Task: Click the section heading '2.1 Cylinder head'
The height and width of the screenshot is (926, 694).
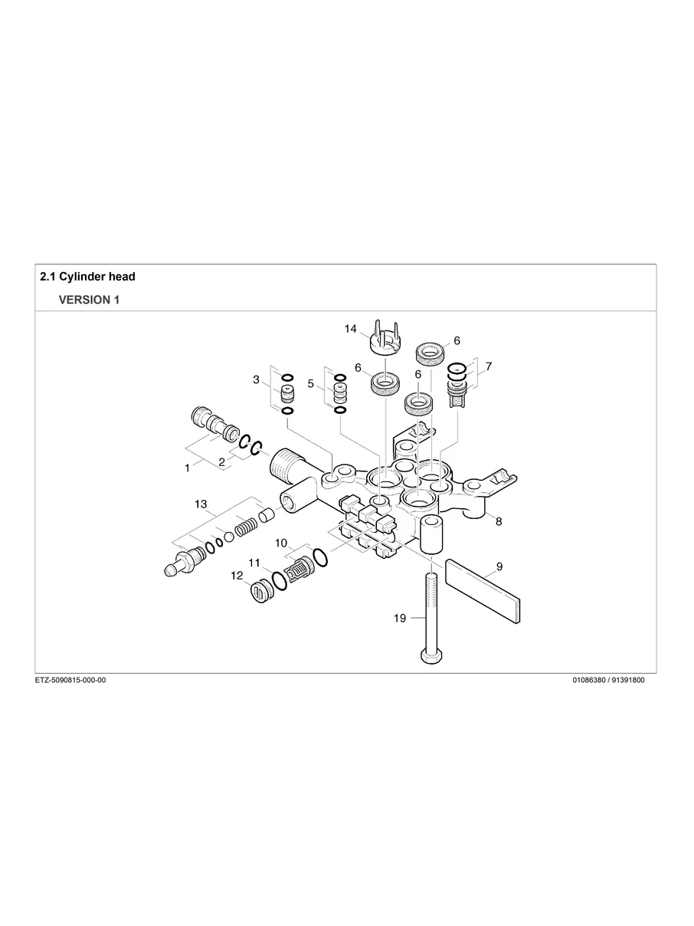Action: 87,276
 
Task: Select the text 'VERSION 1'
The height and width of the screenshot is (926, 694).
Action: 89,300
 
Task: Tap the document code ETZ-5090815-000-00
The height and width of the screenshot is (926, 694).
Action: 70,680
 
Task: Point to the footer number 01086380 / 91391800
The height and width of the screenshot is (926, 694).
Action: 608,680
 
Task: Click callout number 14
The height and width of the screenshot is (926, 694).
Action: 351,329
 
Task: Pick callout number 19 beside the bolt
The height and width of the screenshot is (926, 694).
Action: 400,619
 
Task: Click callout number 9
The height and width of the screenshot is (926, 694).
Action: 499,566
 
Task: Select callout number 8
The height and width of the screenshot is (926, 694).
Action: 499,521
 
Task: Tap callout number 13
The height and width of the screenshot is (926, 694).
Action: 201,504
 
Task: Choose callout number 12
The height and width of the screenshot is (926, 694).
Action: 237,575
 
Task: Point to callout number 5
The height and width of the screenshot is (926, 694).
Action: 311,383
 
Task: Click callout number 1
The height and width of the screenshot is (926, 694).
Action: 188,468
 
